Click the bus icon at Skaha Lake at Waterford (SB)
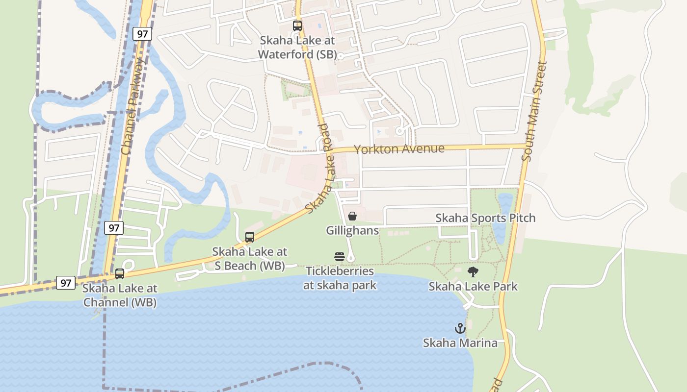pos(297,26)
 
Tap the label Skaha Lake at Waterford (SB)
pos(297,47)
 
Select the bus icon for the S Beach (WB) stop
pos(250,237)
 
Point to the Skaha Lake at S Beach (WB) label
pos(249,259)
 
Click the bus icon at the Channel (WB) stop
pos(120,274)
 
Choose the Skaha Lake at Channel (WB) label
pos(120,295)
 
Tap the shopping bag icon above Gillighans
pos(352,216)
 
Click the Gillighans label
pos(352,230)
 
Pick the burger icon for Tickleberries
pos(340,256)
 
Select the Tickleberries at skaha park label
pos(340,278)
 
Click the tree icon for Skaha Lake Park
pos(473,272)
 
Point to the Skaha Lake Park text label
pos(473,286)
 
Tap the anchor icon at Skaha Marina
pos(460,328)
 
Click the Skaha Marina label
pos(460,343)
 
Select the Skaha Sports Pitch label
pos(485,218)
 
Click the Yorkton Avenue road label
pos(399,149)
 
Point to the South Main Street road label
pos(534,111)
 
